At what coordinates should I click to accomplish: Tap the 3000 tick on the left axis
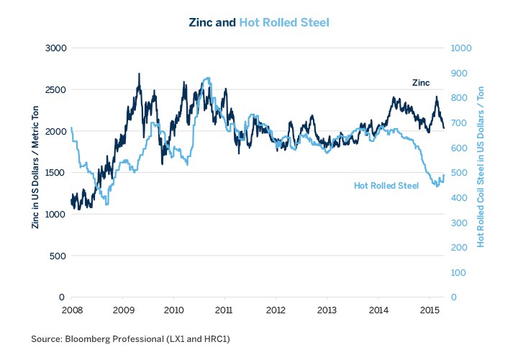[55, 48]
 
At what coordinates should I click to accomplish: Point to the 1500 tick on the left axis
[55, 173]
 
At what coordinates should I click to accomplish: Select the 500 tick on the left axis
[58, 256]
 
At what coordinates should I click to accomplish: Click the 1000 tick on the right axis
[460, 48]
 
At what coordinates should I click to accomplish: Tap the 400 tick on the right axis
[458, 198]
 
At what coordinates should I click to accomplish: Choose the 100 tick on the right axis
[458, 273]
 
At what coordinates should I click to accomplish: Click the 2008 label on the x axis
[71, 310]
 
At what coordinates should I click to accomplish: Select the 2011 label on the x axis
[224, 310]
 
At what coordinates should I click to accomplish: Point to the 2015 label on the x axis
[429, 310]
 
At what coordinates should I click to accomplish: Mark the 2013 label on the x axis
[327, 310]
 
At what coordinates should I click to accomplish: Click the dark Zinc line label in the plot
[421, 83]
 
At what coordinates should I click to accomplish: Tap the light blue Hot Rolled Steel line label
[386, 186]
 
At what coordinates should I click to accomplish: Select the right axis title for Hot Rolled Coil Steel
[481, 173]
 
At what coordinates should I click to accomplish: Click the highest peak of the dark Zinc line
[139, 73]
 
